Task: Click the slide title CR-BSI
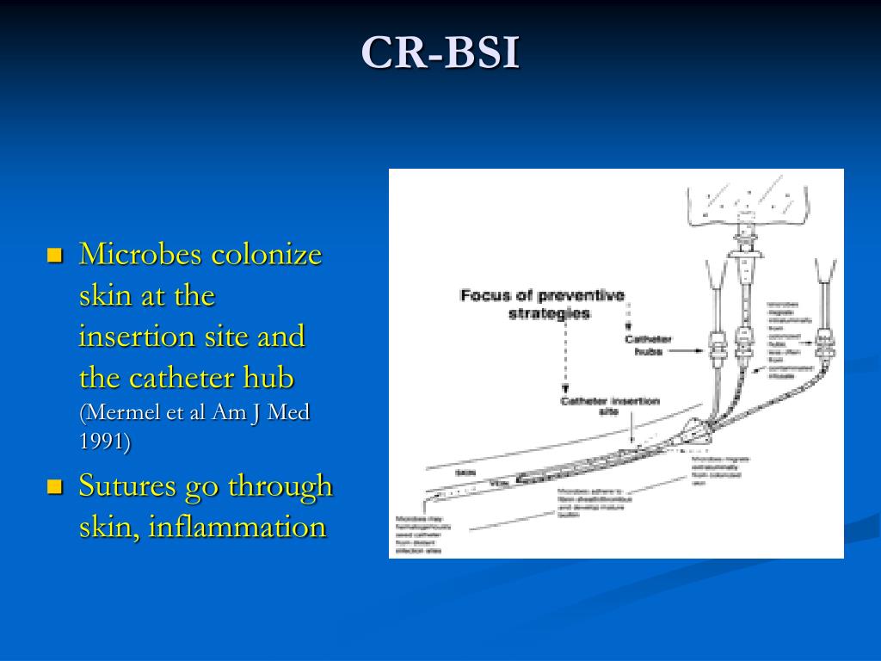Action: (x=440, y=53)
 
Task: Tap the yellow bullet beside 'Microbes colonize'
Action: (x=55, y=256)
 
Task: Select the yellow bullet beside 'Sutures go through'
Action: (x=55, y=487)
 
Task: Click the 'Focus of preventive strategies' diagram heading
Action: (x=543, y=304)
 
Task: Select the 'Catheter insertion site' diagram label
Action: (x=609, y=405)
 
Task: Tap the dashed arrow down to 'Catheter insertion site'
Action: (x=565, y=361)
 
